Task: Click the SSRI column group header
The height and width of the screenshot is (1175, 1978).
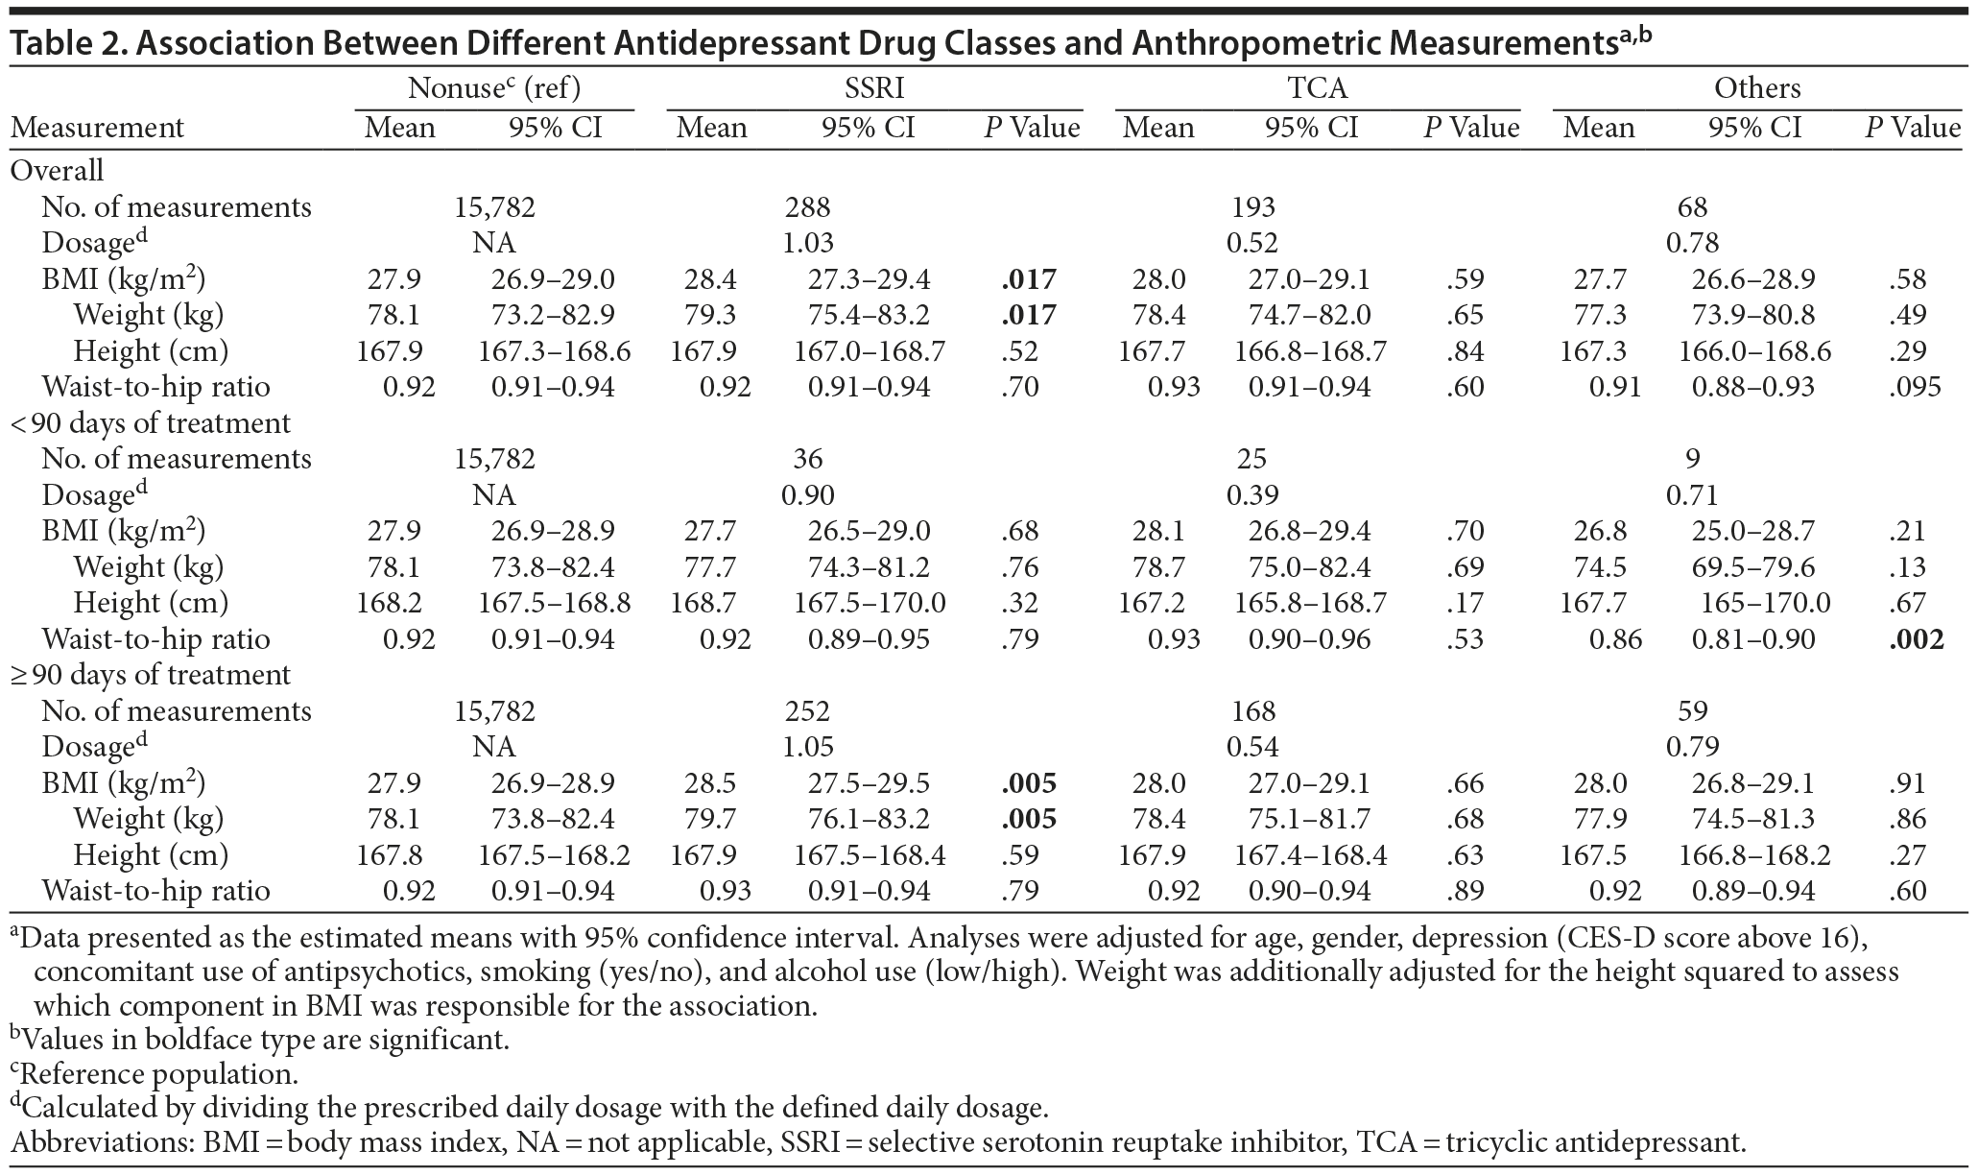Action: tap(873, 88)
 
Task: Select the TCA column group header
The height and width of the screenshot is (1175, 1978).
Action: tap(1317, 88)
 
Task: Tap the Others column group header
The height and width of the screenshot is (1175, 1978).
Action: tap(1757, 88)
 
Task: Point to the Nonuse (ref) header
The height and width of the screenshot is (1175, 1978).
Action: tap(494, 88)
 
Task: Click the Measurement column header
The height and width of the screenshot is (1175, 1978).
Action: tap(97, 128)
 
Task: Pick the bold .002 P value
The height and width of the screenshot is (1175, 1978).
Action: tap(1917, 639)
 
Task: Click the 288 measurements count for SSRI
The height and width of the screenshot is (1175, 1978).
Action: tap(807, 207)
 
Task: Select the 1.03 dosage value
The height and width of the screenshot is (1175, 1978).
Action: tap(807, 243)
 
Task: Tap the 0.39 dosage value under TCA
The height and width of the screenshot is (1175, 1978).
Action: tap(1252, 495)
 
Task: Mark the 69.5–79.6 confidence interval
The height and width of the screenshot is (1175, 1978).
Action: tap(1753, 567)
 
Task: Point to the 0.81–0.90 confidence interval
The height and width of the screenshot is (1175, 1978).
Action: tap(1753, 639)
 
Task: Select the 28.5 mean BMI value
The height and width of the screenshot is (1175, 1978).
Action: tap(710, 783)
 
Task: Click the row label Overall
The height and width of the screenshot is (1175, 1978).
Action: tap(57, 171)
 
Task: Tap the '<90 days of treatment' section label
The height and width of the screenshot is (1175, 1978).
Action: tap(150, 423)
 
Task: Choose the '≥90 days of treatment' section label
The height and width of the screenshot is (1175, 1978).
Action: tap(150, 675)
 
